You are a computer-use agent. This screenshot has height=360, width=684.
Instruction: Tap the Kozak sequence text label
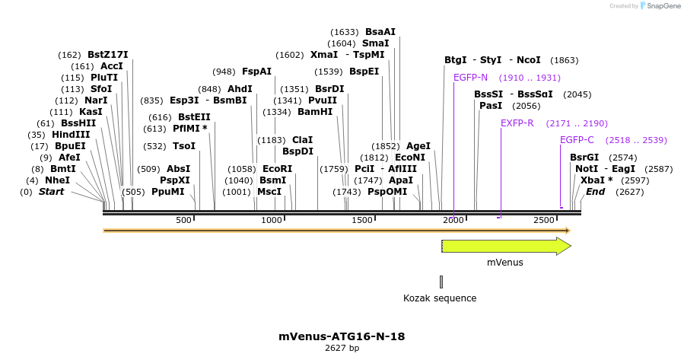440,298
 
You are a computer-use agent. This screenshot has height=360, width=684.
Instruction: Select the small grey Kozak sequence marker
441,282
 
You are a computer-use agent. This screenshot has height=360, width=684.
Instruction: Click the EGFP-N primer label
470,78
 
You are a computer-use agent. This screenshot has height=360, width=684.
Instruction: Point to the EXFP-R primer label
517,123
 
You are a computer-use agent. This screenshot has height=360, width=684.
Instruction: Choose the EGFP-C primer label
577,140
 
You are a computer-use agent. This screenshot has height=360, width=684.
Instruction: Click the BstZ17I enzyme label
107,55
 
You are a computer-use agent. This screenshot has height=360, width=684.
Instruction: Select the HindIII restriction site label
70,135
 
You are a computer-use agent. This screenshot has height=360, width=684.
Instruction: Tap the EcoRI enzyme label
277,169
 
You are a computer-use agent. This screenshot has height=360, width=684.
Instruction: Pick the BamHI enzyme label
315,112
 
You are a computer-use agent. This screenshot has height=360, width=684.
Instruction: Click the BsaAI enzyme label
380,32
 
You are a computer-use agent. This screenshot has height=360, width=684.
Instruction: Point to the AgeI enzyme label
418,146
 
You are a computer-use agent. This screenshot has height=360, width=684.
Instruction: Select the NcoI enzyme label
528,60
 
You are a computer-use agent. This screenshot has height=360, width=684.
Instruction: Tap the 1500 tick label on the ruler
362,220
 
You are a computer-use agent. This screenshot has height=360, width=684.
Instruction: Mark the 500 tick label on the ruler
183,220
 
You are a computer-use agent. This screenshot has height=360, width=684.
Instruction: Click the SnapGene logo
660,6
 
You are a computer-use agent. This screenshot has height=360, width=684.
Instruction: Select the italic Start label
51,192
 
